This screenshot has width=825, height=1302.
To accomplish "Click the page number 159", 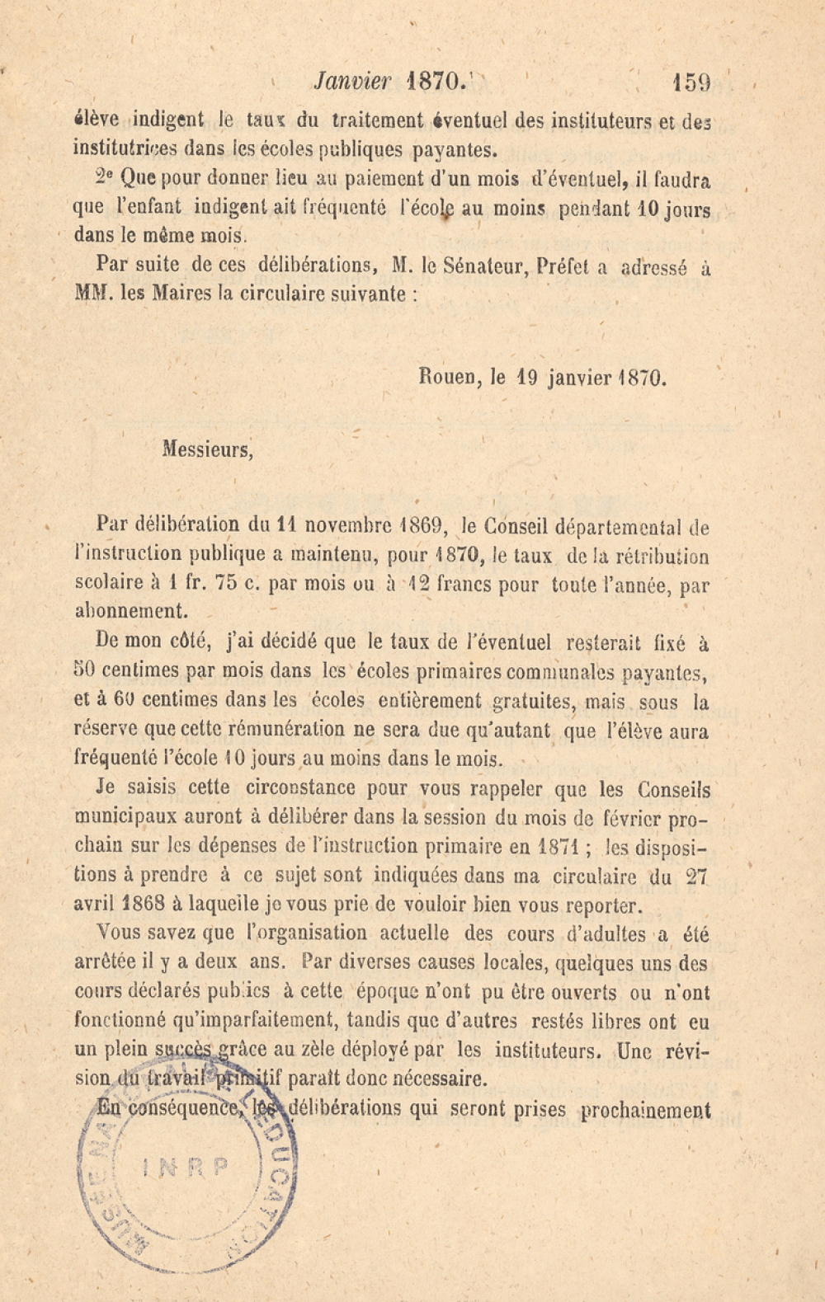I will [x=691, y=82].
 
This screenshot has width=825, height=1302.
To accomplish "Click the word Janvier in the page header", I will [x=352, y=82].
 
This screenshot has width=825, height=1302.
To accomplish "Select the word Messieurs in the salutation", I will [x=208, y=449].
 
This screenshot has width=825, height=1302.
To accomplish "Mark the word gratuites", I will [x=531, y=702].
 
